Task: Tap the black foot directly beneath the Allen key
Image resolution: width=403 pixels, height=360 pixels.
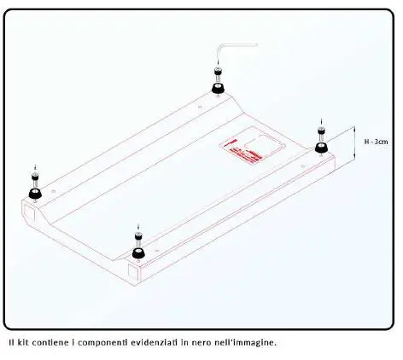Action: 218,88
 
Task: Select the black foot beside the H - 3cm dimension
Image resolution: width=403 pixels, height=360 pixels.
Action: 322,148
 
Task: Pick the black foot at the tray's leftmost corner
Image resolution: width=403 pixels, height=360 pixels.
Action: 34,193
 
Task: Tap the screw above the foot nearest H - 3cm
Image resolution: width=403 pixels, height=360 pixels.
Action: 321,134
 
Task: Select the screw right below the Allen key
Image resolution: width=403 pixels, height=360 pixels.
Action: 218,74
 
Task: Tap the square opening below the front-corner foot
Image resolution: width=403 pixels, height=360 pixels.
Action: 135,272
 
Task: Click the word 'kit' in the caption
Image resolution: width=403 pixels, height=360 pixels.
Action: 23,343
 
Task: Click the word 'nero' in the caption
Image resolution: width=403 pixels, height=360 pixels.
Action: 212,343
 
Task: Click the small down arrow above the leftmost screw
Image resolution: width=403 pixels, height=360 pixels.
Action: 34,166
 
